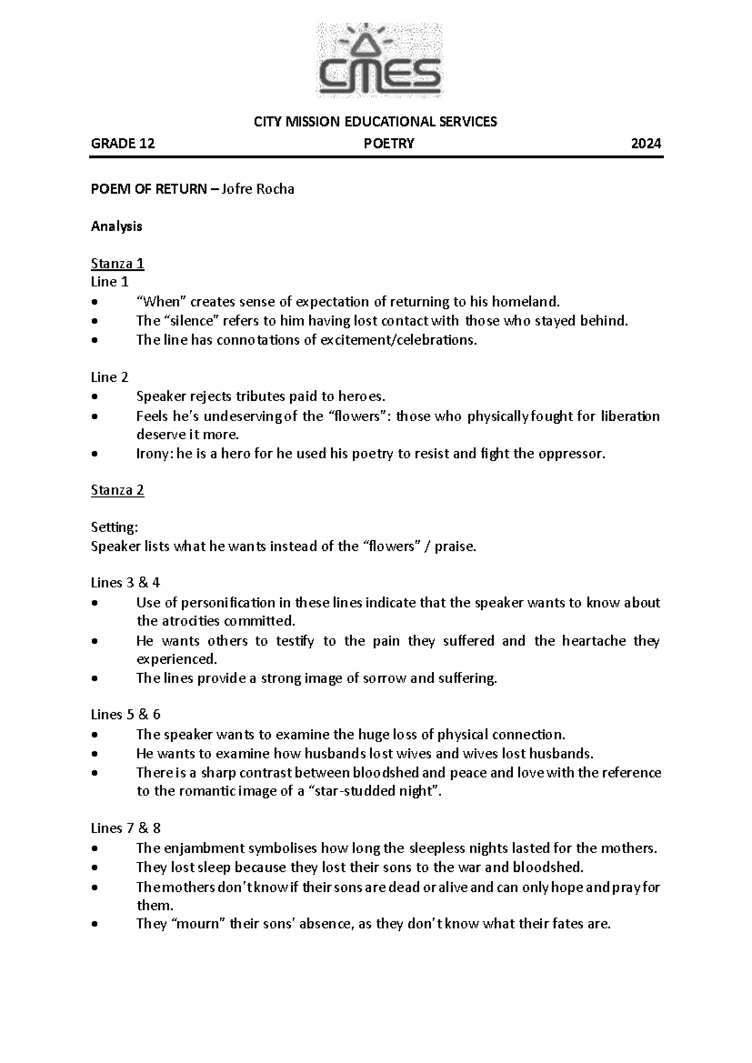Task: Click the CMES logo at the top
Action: [x=379, y=61]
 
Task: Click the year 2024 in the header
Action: [x=645, y=144]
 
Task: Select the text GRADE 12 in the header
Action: [x=123, y=144]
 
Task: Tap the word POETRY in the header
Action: [x=389, y=144]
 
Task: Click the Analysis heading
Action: [x=117, y=226]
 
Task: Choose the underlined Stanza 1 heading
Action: [x=118, y=263]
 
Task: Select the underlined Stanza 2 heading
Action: [x=118, y=490]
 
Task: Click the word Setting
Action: [x=113, y=527]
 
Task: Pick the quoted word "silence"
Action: [x=194, y=321]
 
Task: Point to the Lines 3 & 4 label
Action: [x=125, y=583]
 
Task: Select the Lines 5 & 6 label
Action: [x=125, y=715]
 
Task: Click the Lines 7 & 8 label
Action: [x=125, y=829]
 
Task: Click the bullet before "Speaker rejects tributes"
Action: [x=95, y=397]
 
